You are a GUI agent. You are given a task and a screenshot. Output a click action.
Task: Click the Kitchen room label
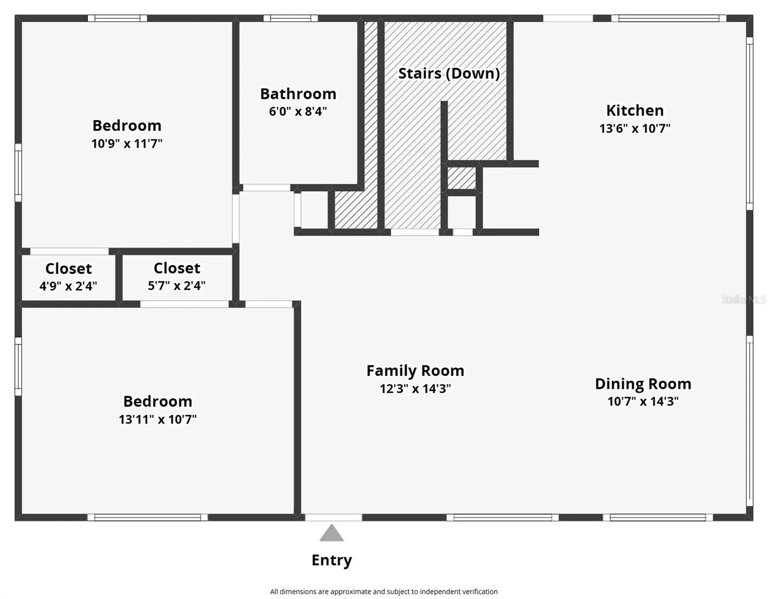pyautogui.click(x=635, y=110)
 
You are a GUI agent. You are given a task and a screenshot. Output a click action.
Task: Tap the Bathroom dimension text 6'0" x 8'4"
pyautogui.click(x=298, y=111)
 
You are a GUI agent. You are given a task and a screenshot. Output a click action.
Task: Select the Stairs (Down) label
pyautogui.click(x=449, y=73)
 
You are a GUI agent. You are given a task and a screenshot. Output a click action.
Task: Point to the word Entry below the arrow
pyautogui.click(x=332, y=560)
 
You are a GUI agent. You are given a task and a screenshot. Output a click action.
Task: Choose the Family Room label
pyautogui.click(x=415, y=371)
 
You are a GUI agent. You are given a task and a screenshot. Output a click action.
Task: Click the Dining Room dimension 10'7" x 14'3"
pyautogui.click(x=643, y=401)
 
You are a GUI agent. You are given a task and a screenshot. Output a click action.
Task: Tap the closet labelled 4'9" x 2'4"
pyautogui.click(x=68, y=277)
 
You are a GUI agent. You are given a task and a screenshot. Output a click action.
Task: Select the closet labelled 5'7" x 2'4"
pyautogui.click(x=177, y=277)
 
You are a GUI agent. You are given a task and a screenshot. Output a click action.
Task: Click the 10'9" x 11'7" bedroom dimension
pyautogui.click(x=127, y=143)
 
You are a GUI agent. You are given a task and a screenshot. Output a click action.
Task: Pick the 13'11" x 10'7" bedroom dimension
pyautogui.click(x=158, y=419)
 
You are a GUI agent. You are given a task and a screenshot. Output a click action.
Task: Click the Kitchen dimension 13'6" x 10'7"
pyautogui.click(x=635, y=128)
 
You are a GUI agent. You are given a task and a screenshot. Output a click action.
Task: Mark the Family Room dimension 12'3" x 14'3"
pyautogui.click(x=415, y=389)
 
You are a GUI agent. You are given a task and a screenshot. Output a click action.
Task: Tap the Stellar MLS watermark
pyautogui.click(x=744, y=299)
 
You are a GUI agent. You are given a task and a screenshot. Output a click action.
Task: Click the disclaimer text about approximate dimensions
pyautogui.click(x=384, y=591)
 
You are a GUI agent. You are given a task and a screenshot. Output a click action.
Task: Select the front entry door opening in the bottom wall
pyautogui.click(x=333, y=517)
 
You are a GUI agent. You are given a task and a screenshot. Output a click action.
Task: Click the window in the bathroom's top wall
pyautogui.click(x=290, y=18)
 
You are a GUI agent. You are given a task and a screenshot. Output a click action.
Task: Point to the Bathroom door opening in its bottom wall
pyautogui.click(x=266, y=188)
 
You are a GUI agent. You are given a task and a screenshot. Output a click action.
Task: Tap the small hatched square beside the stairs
pyautogui.click(x=461, y=178)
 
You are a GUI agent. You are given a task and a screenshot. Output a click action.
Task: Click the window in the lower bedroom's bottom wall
pyautogui.click(x=148, y=517)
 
